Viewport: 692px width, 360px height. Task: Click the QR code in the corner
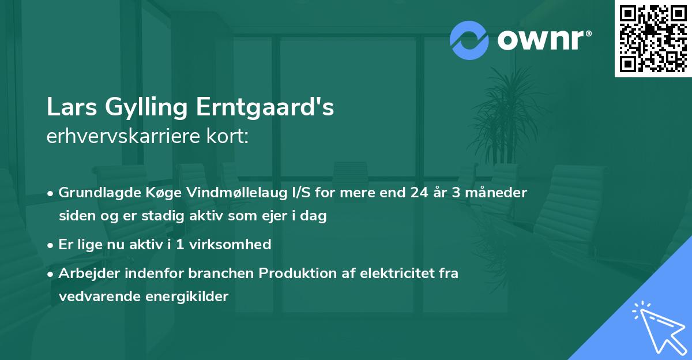click(653, 39)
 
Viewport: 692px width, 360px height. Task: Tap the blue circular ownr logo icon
click(469, 40)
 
